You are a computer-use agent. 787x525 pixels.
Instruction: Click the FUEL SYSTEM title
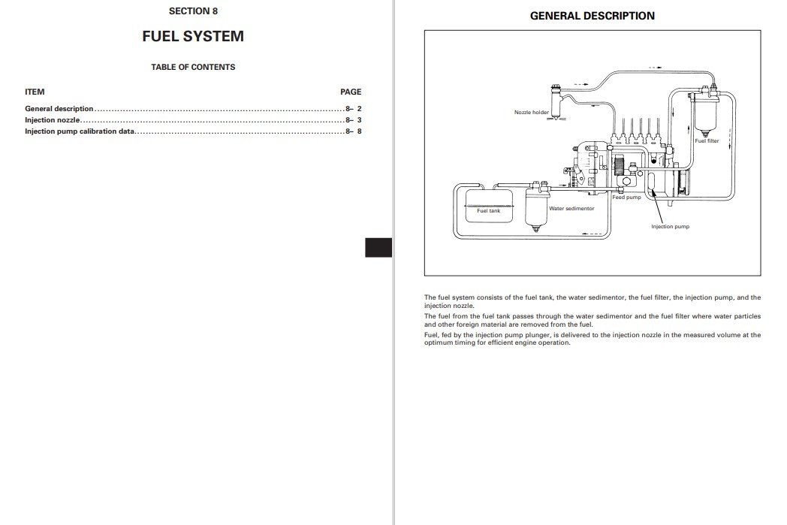[193, 36]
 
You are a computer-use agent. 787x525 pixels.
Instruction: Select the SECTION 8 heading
[193, 11]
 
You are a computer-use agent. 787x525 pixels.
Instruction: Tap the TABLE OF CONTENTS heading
[193, 67]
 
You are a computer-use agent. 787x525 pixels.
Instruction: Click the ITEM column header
[35, 92]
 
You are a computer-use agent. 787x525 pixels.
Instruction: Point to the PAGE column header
[351, 92]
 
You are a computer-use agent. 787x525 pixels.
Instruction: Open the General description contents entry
[59, 109]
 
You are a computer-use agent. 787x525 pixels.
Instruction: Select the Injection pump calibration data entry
[80, 131]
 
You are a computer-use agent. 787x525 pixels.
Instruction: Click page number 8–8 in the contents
[354, 131]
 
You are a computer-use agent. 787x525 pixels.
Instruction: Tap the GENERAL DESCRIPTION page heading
[593, 16]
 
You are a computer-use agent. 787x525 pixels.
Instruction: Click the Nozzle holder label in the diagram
[532, 113]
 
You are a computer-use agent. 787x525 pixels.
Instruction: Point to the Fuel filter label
[707, 140]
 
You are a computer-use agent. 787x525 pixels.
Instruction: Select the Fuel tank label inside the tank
[488, 211]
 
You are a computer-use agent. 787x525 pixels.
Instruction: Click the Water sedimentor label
[571, 209]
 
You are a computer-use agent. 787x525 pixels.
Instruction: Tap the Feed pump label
[626, 198]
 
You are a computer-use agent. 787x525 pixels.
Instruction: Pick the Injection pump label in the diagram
[670, 226]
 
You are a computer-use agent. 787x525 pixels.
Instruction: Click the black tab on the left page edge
[378, 248]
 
